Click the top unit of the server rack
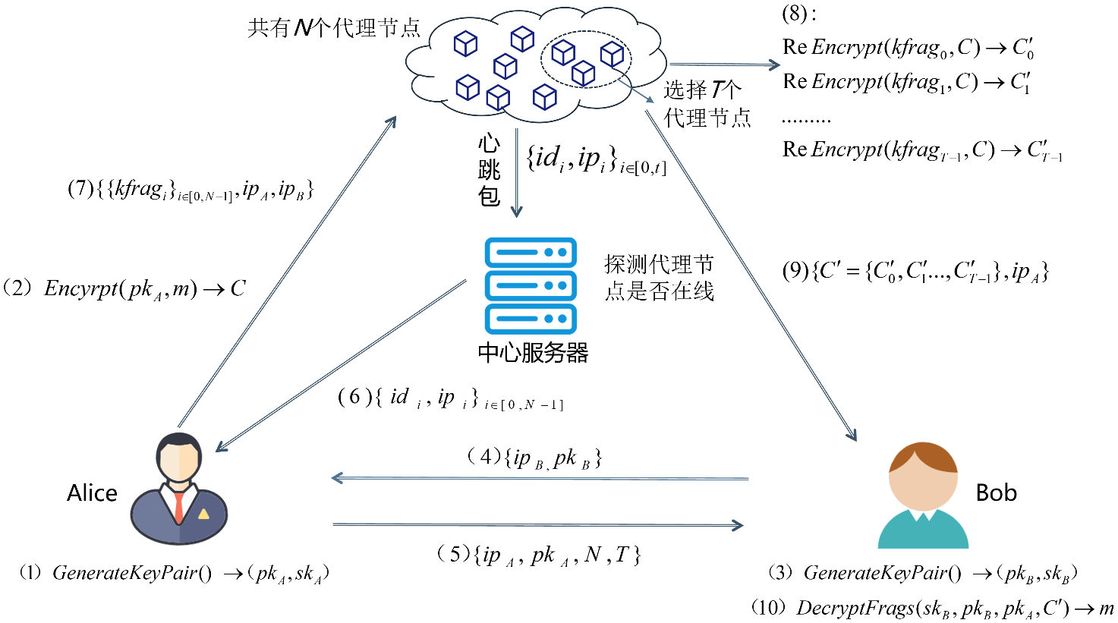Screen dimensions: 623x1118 [531, 253]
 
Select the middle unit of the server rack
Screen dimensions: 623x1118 [531, 286]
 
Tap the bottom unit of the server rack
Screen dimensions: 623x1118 [531, 319]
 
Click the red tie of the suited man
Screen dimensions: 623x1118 [179, 507]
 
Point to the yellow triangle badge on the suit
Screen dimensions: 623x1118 [203, 514]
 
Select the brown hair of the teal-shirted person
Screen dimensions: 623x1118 [924, 454]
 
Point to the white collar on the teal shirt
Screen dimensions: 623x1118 [922, 515]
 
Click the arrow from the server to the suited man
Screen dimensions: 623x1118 [342, 365]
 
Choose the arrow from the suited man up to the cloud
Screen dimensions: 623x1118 [287, 271]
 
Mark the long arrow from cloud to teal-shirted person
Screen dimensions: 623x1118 [751, 275]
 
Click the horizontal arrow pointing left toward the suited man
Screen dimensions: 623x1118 [539, 478]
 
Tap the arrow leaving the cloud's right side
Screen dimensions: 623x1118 [724, 65]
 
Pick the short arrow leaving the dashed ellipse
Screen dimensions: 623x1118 [635, 90]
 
